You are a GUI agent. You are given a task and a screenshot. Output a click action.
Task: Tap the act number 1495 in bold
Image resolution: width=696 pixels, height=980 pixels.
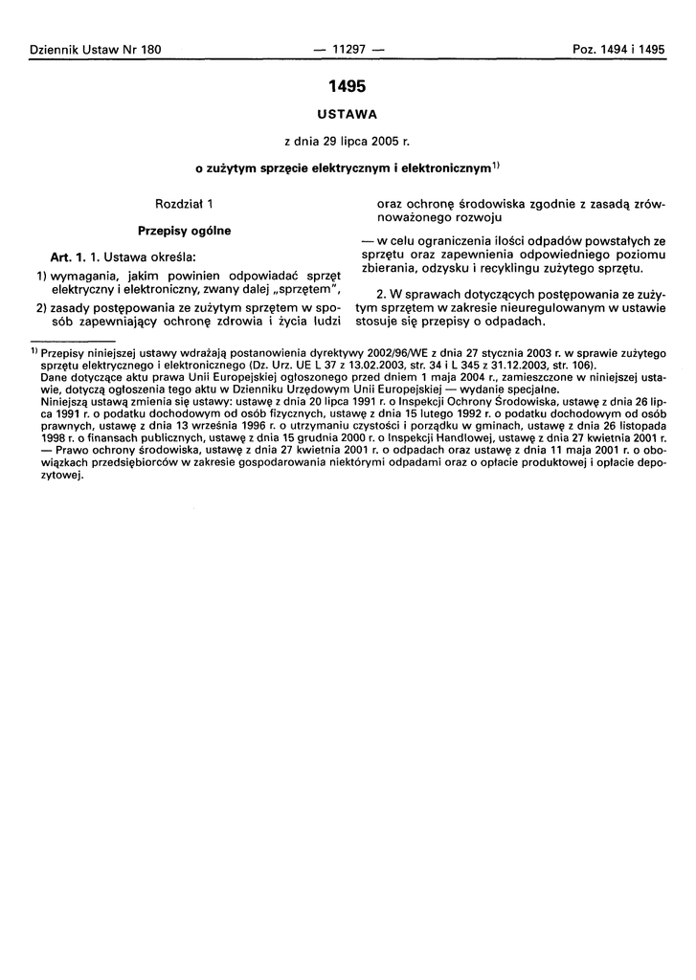347,86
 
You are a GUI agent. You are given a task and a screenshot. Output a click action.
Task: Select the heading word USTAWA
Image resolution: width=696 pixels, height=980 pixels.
347,115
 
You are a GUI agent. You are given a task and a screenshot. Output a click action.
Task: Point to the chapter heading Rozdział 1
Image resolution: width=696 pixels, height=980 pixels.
183,204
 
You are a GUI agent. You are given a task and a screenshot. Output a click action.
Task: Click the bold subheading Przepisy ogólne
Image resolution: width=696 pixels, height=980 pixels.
184,231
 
